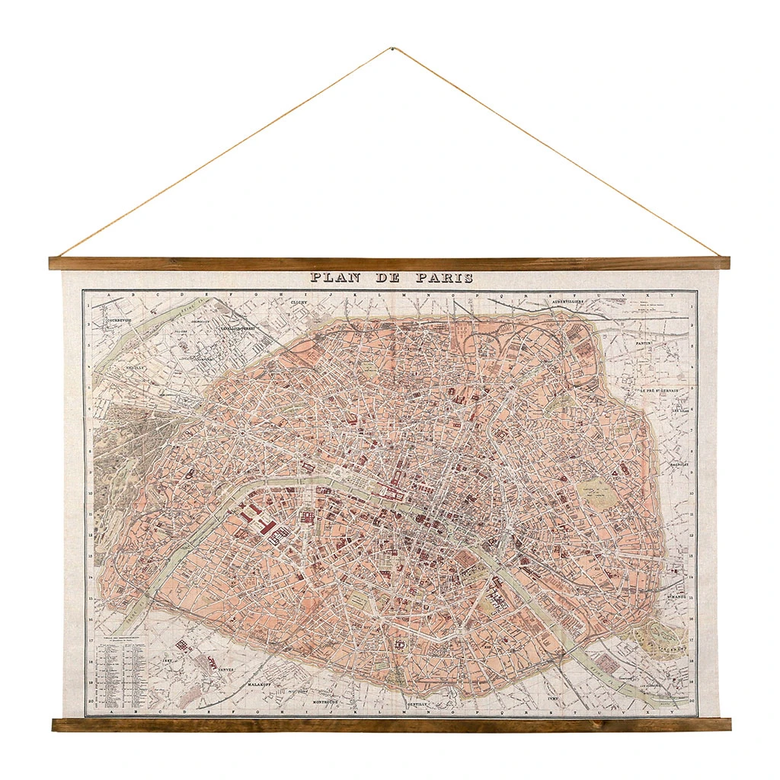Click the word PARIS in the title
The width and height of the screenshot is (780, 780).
click(444, 279)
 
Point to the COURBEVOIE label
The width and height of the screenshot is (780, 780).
click(113, 321)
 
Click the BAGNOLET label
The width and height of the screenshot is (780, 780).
click(679, 462)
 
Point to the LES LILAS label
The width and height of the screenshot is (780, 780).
click(680, 413)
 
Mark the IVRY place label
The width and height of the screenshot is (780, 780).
click(554, 696)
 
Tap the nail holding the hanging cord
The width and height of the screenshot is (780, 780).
click(391, 50)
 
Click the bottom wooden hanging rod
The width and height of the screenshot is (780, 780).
click(391, 724)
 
